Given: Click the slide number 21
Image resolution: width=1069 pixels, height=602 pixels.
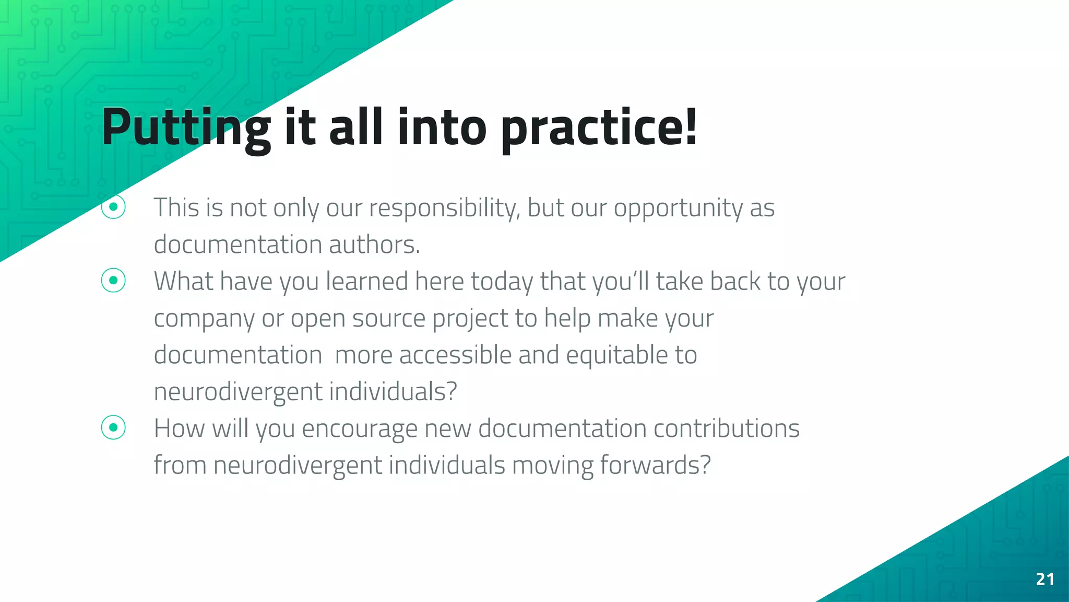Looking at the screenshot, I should tap(1044, 579).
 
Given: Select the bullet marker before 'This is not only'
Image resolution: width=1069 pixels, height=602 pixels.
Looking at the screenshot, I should tap(113, 207).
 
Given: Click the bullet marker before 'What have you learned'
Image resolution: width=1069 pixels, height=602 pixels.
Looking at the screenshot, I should tap(113, 281).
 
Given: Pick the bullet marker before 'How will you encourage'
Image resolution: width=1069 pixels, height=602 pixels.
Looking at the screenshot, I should tap(113, 427).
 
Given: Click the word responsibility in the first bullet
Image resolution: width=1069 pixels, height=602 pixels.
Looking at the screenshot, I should tap(444, 208).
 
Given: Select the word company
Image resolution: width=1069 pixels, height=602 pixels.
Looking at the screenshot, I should tap(204, 319).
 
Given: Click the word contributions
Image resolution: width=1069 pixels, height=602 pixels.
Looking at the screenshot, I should tap(726, 428).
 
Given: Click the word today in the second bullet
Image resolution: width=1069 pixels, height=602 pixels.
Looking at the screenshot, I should tap(502, 282).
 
